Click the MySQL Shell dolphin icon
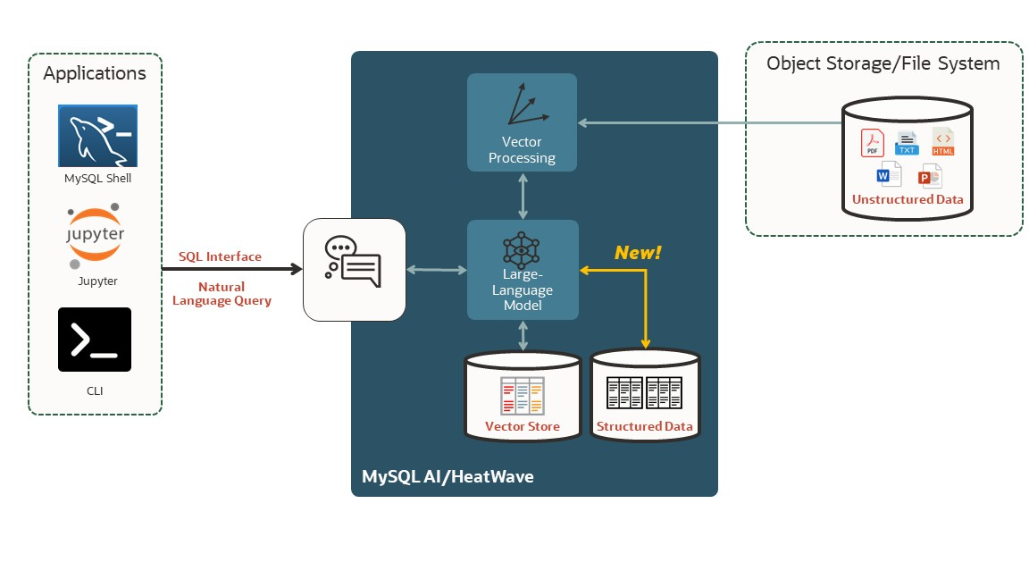[97, 136]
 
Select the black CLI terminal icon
[95, 340]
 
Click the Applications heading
[95, 73]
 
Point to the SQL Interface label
[220, 256]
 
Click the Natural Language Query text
[222, 294]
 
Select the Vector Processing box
[523, 122]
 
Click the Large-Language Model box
[523, 270]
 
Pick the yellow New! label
[638, 253]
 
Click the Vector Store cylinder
[523, 397]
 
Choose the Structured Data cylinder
[645, 395]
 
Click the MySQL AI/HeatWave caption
[448, 476]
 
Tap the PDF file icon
[872, 143]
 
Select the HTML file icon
[943, 141]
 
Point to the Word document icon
[890, 174]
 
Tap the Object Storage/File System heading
[883, 63]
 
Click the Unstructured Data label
[908, 199]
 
